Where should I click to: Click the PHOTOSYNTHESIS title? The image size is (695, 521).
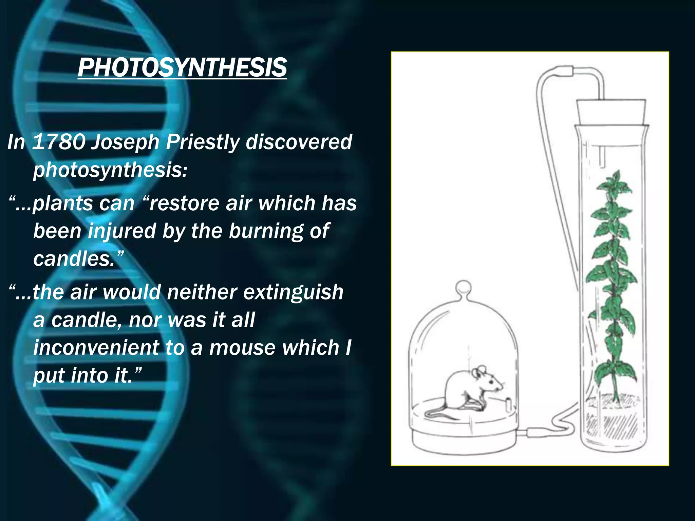[x=182, y=67]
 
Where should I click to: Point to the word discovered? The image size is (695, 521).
[x=299, y=142]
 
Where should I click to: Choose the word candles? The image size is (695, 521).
[x=74, y=259]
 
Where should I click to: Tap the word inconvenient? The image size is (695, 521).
[x=96, y=348]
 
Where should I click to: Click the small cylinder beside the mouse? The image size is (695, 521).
[x=508, y=404]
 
